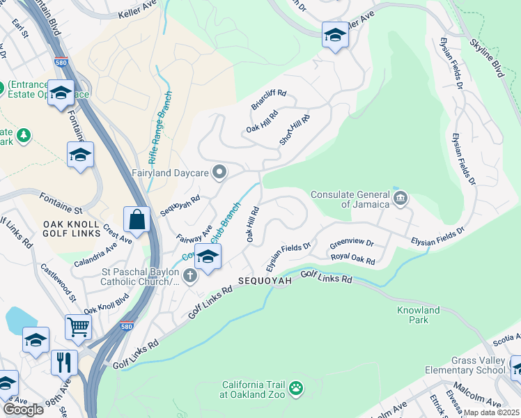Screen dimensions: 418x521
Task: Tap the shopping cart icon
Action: [x=78, y=326]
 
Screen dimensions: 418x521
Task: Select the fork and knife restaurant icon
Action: [x=64, y=362]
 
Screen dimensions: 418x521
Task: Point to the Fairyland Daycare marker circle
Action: [x=220, y=172]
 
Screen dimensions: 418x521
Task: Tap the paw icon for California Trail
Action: [x=297, y=386]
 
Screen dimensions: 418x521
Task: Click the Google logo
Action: [x=23, y=410]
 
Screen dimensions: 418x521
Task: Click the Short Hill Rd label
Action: [x=294, y=129]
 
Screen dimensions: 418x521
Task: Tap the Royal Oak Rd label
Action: [x=353, y=259]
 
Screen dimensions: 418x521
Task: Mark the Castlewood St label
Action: [x=58, y=282]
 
